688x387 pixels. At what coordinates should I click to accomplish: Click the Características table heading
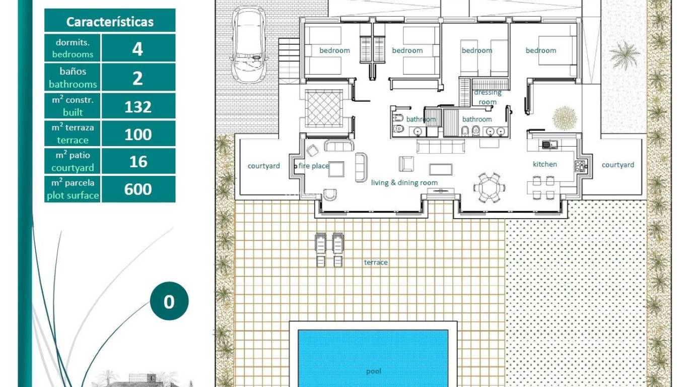110,22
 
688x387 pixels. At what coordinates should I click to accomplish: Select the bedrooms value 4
138,49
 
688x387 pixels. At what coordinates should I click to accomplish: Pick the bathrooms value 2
138,78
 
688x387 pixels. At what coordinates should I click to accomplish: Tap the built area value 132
138,107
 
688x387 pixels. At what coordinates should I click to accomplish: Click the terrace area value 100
138,135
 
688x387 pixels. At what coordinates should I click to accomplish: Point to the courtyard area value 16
138,162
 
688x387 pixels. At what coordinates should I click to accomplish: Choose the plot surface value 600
138,189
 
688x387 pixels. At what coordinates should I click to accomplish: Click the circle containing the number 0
169,301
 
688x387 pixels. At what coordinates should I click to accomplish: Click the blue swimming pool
373,358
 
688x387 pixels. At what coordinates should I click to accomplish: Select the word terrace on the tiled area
376,263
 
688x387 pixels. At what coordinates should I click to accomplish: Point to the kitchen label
545,164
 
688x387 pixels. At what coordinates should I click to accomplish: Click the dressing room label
488,97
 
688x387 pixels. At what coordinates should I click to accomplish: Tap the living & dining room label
404,183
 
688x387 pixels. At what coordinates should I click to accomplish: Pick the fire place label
313,166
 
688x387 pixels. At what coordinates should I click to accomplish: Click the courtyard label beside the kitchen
617,165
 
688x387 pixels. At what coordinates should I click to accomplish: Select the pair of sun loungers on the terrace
329,249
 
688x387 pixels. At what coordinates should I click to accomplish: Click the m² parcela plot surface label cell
73,189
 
